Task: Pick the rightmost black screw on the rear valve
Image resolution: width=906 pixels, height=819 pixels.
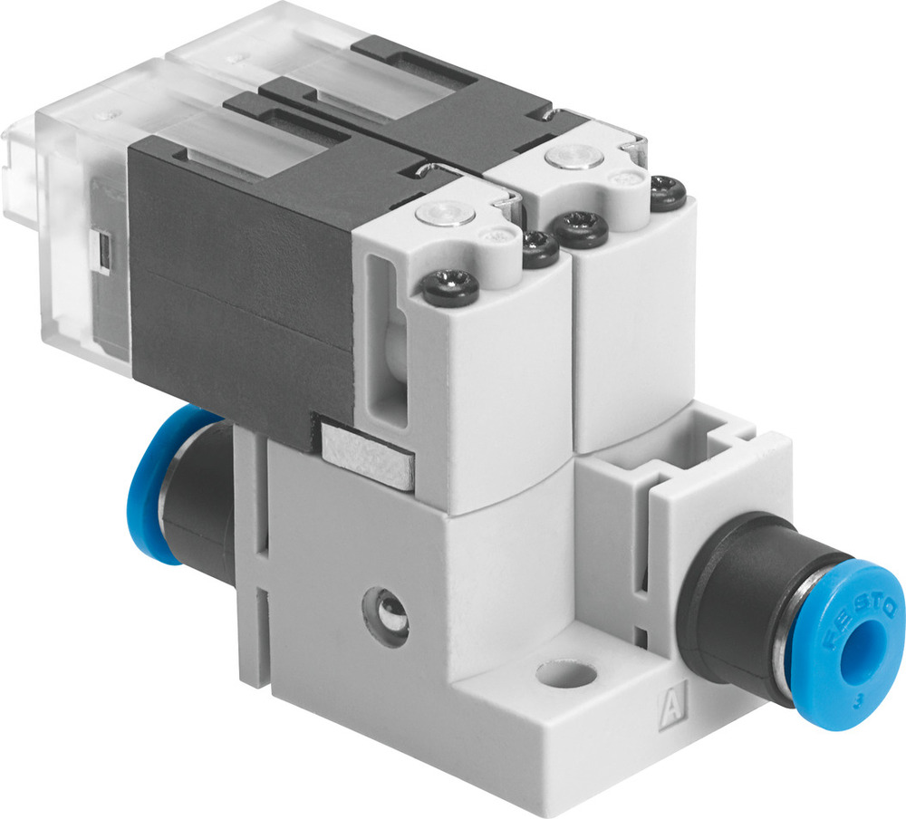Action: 669,193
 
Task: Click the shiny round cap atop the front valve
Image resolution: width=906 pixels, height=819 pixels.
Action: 441,216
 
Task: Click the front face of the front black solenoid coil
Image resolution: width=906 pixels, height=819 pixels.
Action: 240,290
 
